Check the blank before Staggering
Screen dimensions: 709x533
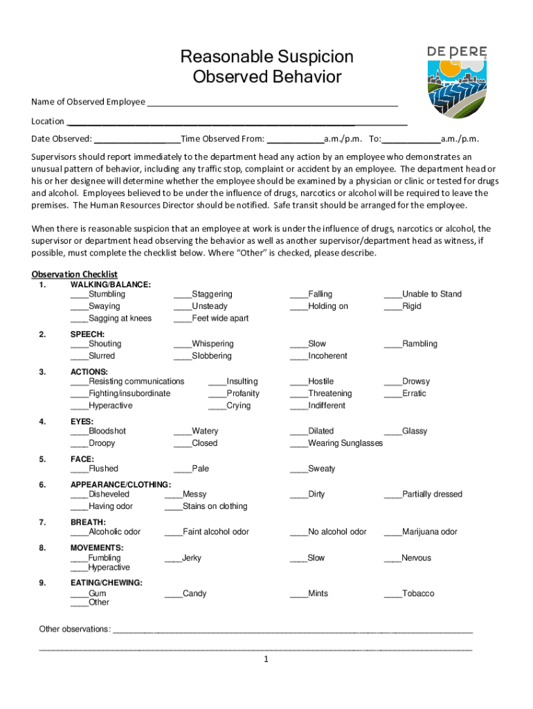pos(182,295)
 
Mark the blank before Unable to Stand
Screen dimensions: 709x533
pos(392,295)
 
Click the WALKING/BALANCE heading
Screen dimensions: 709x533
pos(111,284)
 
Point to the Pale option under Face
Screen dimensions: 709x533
pos(200,469)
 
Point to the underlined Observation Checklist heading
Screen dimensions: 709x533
pos(75,274)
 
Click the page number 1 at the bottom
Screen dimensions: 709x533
pos(266,659)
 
